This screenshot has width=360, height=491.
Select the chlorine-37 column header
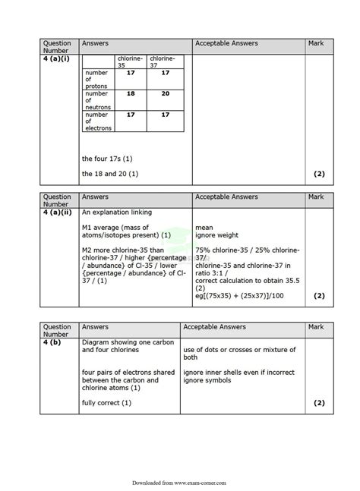point(162,61)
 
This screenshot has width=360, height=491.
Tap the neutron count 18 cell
point(130,93)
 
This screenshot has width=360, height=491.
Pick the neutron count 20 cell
point(165,93)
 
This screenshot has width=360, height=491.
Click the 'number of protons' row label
point(97,79)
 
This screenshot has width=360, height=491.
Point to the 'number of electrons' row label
point(98,121)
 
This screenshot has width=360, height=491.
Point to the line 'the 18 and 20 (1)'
point(110,174)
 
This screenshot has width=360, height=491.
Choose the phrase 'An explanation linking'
point(117,212)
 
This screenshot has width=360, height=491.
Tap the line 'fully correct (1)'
point(106,402)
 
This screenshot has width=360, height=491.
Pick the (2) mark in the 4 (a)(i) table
point(319,174)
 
